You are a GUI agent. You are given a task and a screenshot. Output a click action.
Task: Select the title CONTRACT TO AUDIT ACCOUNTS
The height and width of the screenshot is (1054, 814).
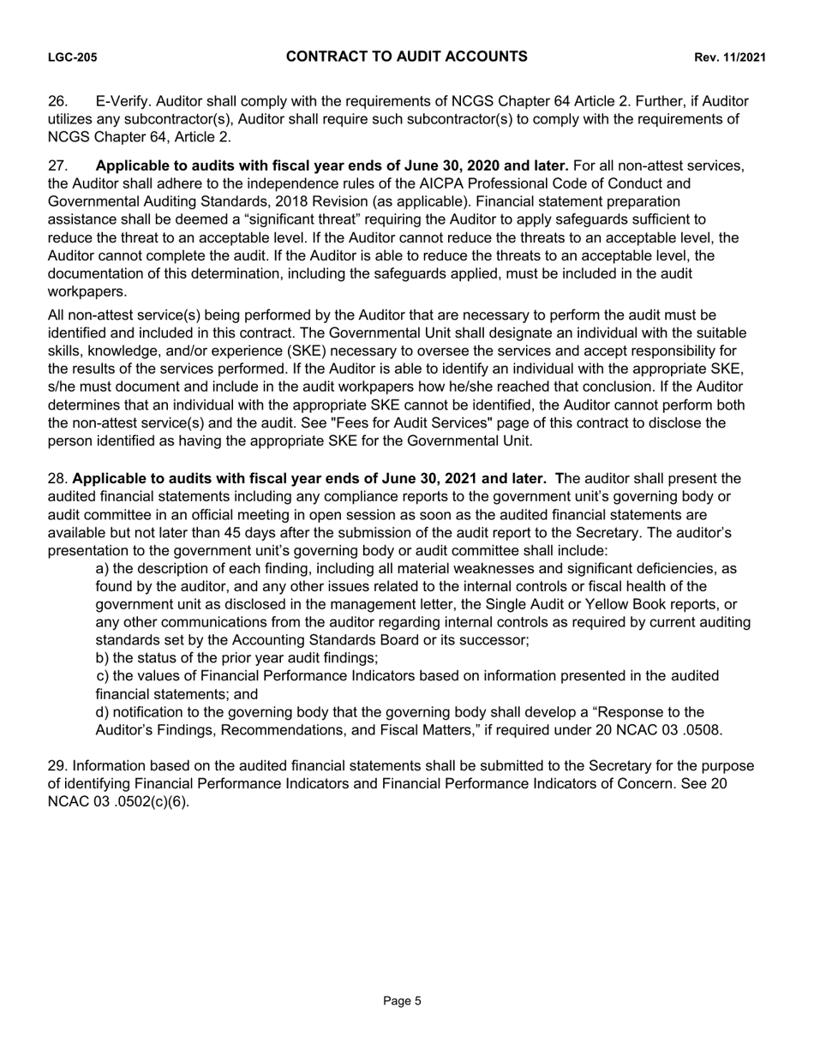pos(406,57)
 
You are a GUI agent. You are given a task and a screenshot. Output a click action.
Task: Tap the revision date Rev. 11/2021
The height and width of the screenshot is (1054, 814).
pos(729,57)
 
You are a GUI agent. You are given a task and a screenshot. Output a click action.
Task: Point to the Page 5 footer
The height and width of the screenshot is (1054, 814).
pos(402,1001)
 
